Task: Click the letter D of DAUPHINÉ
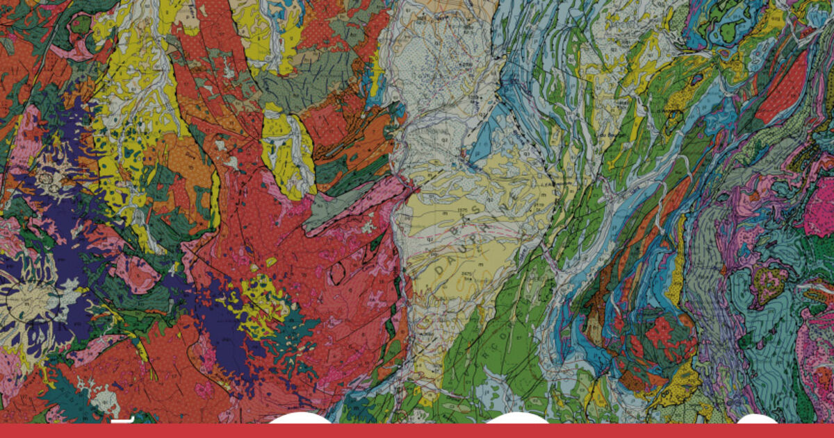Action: (x=442, y=272)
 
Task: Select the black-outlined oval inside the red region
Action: (x=338, y=273)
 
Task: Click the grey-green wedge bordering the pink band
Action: (x=337, y=208)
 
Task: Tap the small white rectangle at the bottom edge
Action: (x=122, y=420)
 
